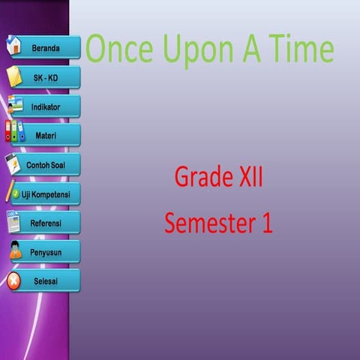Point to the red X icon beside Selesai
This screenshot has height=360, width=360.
14,281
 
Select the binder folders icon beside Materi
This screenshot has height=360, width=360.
15,132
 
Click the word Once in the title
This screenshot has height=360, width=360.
118,49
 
